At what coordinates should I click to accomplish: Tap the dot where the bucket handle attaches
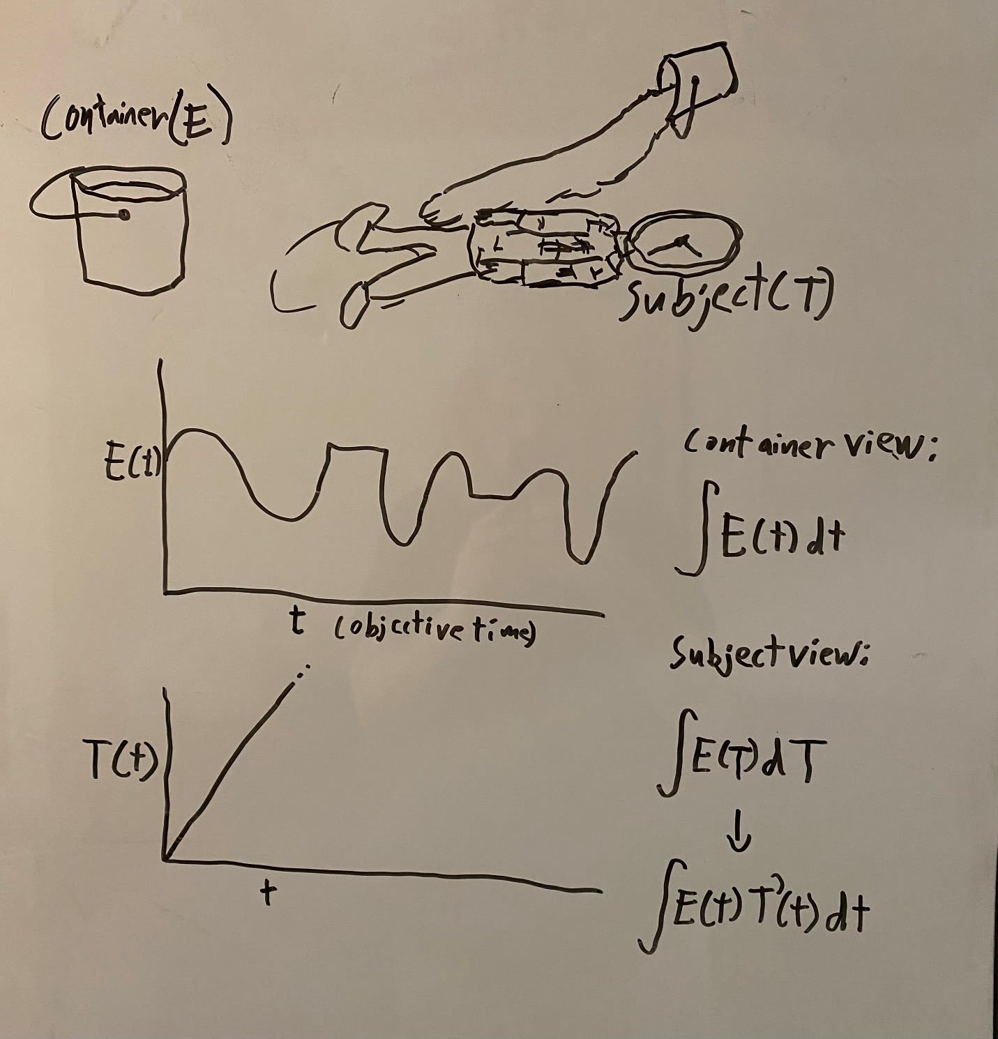pyautogui.click(x=124, y=215)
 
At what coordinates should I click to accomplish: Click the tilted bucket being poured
pyautogui.click(x=697, y=80)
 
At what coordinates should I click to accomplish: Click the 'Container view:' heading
pyautogui.click(x=809, y=446)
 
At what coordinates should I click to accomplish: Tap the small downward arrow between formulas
pyautogui.click(x=740, y=833)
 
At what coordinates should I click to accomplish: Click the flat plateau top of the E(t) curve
pyautogui.click(x=356, y=447)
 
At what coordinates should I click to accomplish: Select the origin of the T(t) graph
pyautogui.click(x=167, y=858)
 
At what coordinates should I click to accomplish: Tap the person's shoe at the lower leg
pyautogui.click(x=355, y=307)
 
